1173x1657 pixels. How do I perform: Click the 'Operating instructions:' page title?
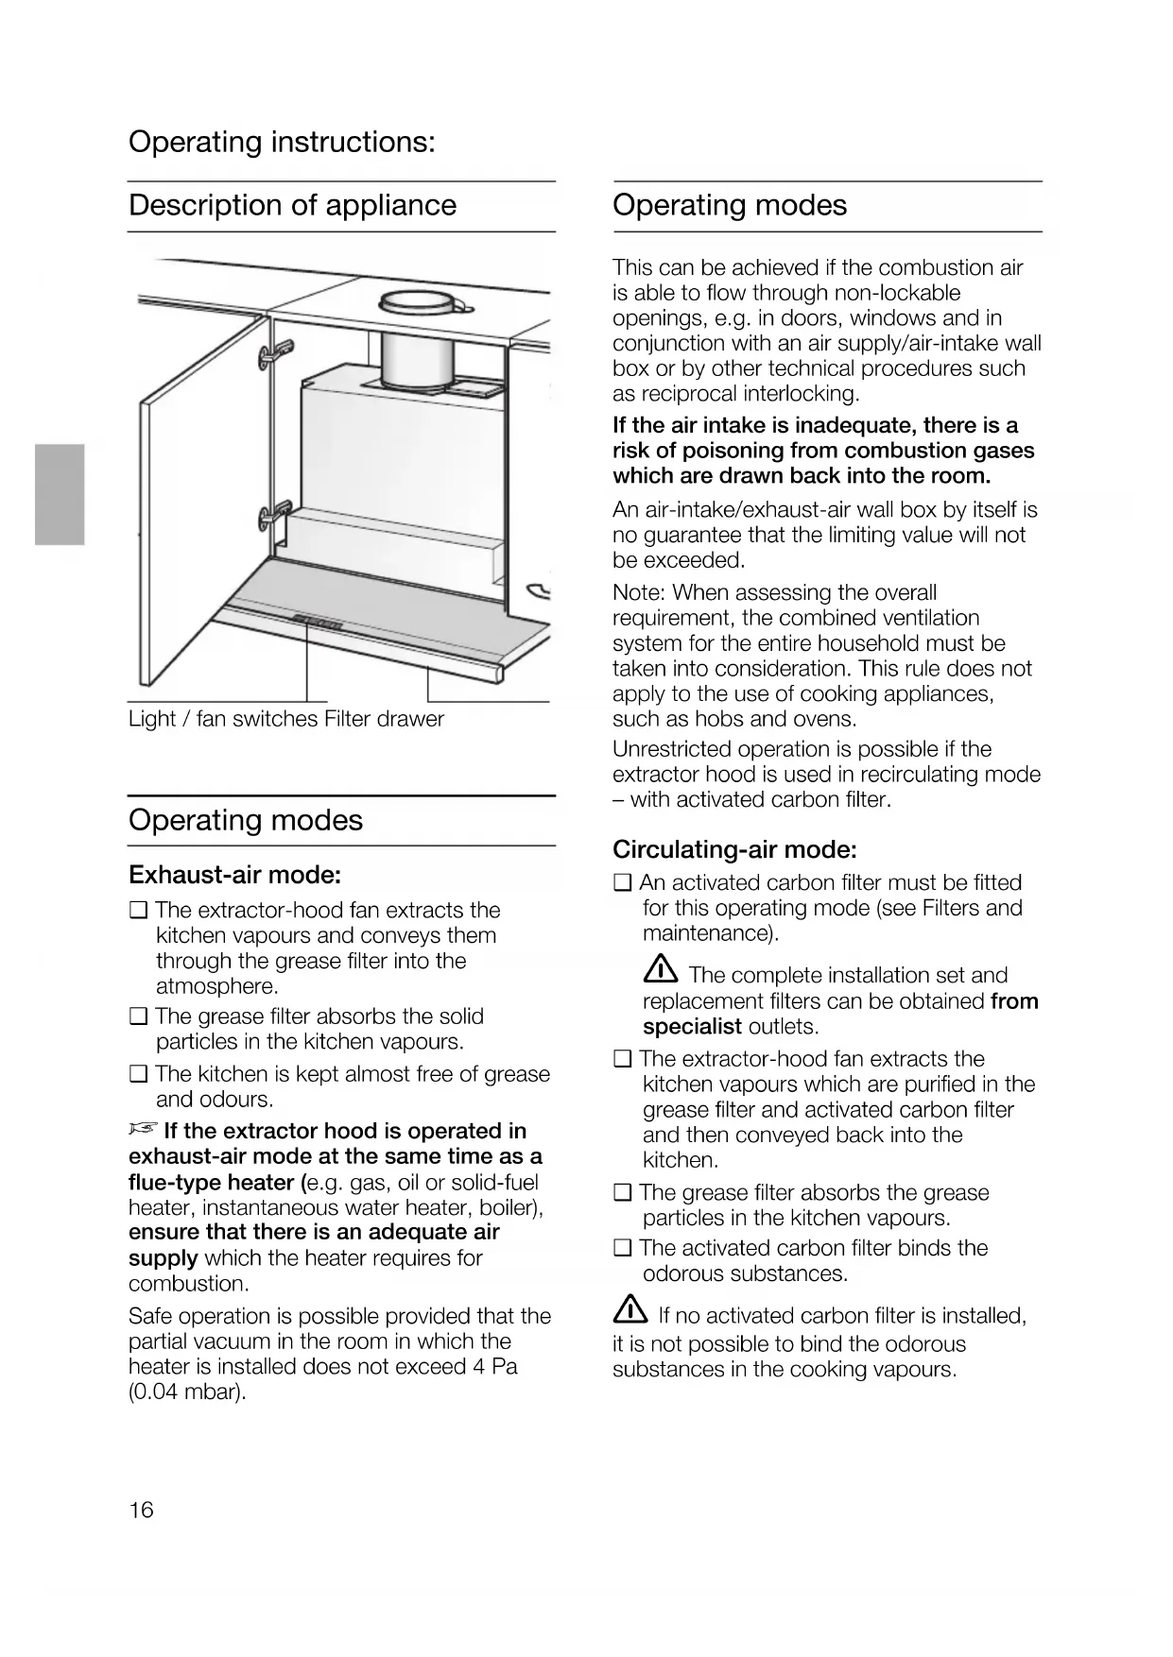tap(282, 143)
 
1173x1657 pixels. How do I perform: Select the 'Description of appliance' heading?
tap(292, 205)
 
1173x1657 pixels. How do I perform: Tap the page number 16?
tap(141, 1510)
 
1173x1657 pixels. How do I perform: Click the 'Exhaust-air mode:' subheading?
tap(234, 875)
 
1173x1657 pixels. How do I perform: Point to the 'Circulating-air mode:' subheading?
tap(734, 849)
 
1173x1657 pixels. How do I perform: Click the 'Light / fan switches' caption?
tap(223, 719)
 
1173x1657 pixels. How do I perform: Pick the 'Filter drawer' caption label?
tap(384, 719)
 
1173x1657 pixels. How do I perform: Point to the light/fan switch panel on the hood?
tap(317, 622)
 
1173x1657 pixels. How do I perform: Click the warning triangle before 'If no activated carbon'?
tap(630, 1312)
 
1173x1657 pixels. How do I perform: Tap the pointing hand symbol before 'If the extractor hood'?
tap(142, 1130)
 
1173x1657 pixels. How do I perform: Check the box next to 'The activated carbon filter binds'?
tap(622, 1248)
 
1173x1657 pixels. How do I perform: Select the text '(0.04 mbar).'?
tap(187, 1392)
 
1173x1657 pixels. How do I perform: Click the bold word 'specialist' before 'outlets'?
tap(692, 1027)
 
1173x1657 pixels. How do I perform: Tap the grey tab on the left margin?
tap(60, 494)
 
